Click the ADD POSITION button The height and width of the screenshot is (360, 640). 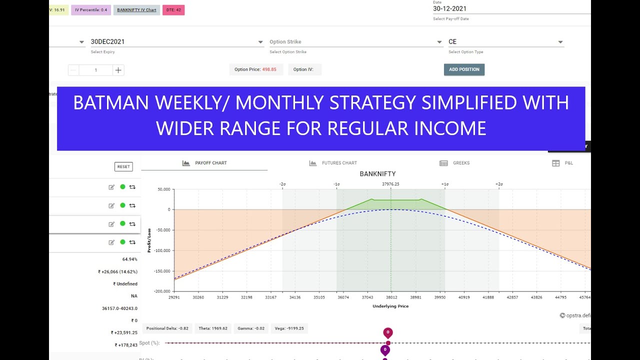(x=464, y=69)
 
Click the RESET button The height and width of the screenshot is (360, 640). (x=123, y=166)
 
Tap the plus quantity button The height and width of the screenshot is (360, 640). (x=118, y=70)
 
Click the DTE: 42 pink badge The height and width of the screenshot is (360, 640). (x=173, y=9)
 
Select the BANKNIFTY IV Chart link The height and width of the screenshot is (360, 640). (x=136, y=9)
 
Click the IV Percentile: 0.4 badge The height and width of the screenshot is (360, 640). (x=91, y=9)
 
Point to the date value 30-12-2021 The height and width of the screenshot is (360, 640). (x=450, y=8)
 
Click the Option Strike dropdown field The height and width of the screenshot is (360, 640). (x=355, y=42)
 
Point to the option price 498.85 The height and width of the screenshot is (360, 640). (x=269, y=69)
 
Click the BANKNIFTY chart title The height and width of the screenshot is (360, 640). (x=377, y=174)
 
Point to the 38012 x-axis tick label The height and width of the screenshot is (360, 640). (x=391, y=297)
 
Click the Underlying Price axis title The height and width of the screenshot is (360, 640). (x=390, y=306)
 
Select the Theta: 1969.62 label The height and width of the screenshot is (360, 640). (x=213, y=328)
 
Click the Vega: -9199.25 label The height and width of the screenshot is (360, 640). (x=289, y=328)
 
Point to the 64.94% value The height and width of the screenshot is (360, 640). (x=129, y=259)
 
